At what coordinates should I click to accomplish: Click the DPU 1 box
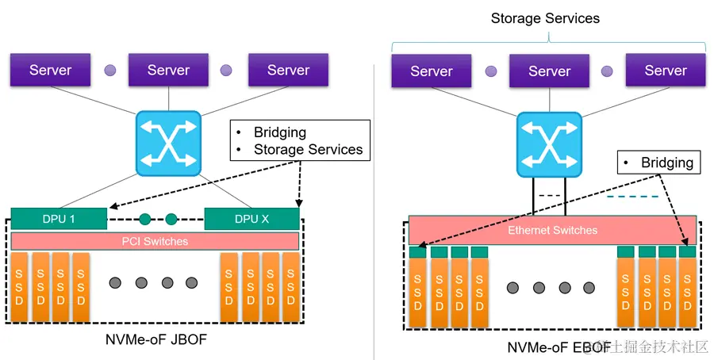coord(59,219)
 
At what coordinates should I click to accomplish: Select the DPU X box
coord(251,219)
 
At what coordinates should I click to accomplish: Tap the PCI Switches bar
coord(155,241)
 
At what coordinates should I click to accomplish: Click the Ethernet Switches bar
coord(552,230)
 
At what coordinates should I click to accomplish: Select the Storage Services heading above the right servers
coord(545,17)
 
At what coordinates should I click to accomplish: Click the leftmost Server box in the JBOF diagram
coord(50,70)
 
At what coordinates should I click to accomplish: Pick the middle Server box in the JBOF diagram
coord(168,70)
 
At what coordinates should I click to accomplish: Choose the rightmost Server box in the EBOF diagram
coord(665,71)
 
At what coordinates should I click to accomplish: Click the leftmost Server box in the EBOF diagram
coord(431,71)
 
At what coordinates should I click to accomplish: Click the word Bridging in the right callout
coord(666,163)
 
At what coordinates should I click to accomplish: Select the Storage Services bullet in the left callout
coord(308,149)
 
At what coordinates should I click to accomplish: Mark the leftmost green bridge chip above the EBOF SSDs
coord(418,252)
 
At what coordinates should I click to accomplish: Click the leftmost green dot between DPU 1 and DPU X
coord(144,219)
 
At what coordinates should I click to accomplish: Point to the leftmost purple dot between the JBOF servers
coord(109,70)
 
